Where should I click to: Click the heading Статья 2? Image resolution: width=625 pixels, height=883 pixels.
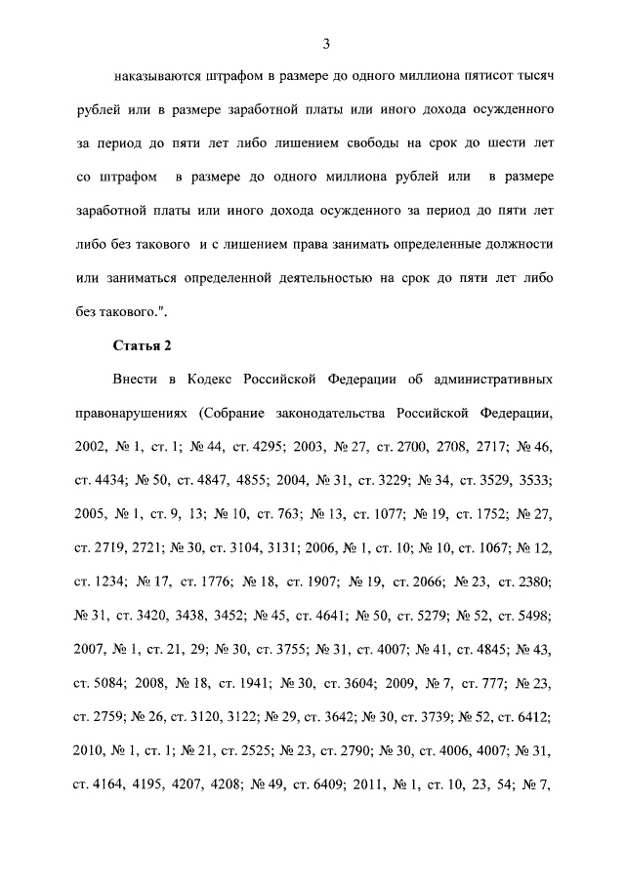(x=142, y=346)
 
